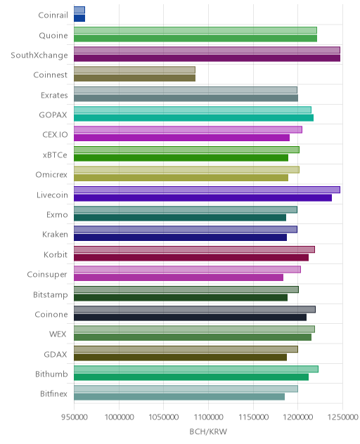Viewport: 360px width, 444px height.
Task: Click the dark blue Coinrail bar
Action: click(x=79, y=18)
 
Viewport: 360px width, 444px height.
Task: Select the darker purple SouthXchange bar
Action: click(x=207, y=58)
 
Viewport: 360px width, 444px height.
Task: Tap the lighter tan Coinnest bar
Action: click(x=134, y=70)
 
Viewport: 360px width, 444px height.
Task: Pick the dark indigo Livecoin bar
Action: click(x=202, y=197)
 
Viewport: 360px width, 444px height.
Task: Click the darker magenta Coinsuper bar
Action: click(x=179, y=277)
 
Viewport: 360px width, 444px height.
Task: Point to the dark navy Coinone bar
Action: click(x=191, y=317)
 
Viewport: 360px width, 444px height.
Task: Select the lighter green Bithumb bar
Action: click(x=196, y=369)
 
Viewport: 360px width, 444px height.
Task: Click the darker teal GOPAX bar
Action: click(x=193, y=118)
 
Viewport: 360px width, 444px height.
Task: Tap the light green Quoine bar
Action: click(x=195, y=30)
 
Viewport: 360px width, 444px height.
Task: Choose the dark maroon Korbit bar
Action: click(x=191, y=257)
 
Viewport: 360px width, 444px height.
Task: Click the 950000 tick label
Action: click(x=75, y=417)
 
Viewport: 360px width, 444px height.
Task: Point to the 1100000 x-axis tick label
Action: click(x=208, y=417)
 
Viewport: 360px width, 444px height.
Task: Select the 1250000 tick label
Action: click(x=342, y=417)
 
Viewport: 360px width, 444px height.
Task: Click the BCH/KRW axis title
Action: click(x=208, y=431)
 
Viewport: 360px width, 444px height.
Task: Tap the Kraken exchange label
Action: click(x=55, y=235)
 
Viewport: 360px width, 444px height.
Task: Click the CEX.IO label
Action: click(x=55, y=134)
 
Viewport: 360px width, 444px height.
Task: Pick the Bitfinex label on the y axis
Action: click(x=53, y=393)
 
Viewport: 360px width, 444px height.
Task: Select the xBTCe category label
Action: click(x=55, y=155)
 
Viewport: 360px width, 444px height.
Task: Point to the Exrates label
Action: click(x=54, y=95)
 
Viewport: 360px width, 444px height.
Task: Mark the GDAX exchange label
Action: click(x=56, y=354)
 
